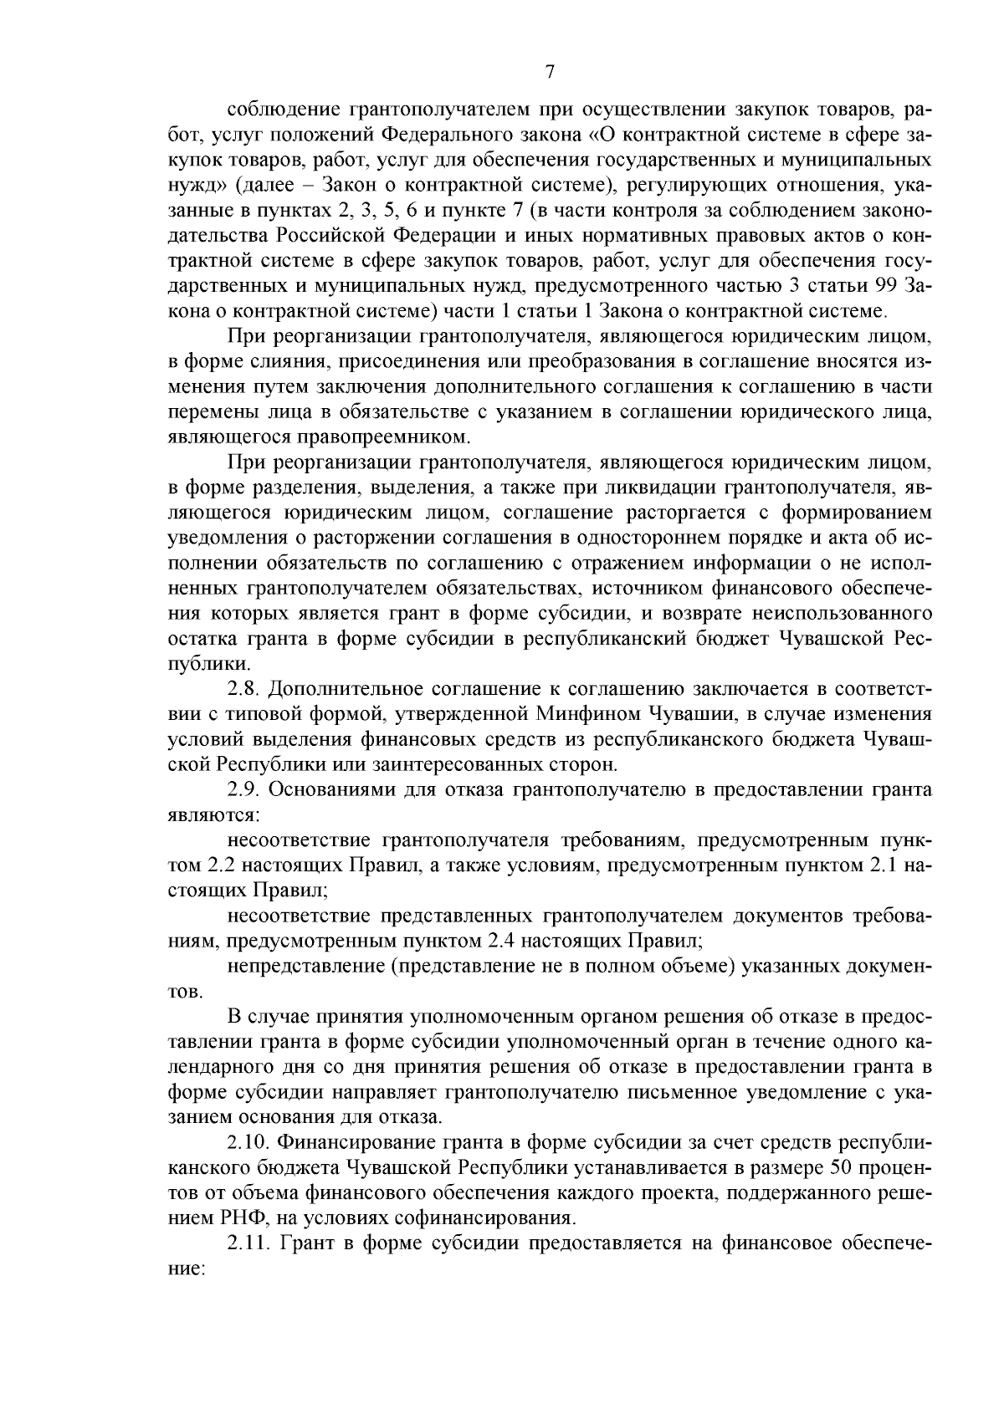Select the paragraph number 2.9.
[244, 789]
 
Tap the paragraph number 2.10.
[248, 1141]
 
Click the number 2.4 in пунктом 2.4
[500, 941]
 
